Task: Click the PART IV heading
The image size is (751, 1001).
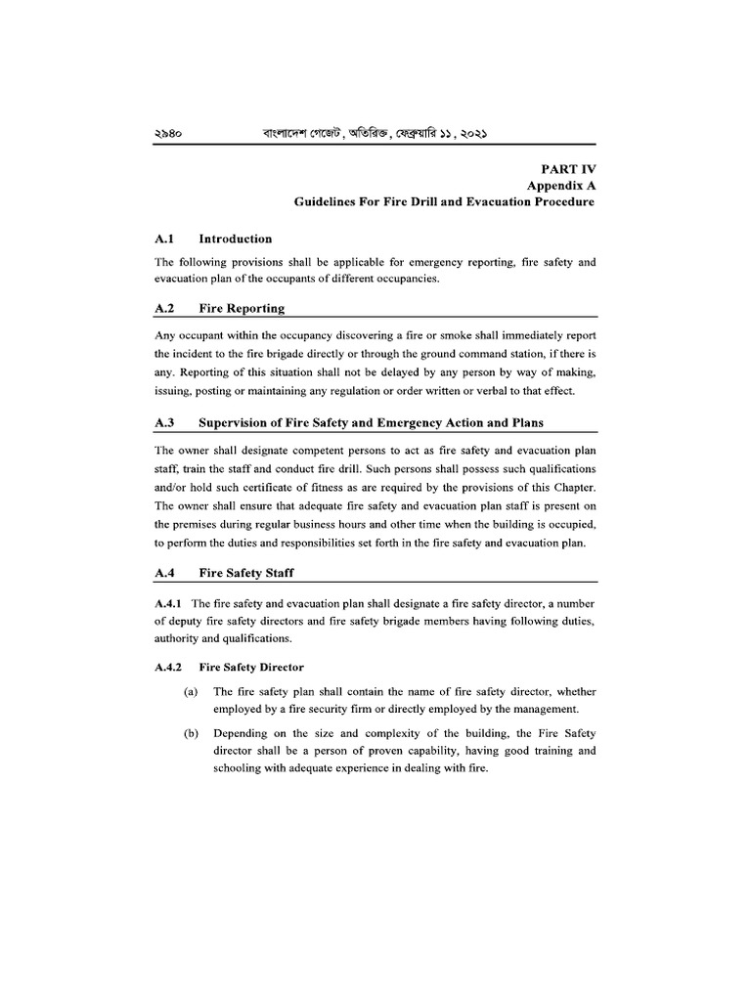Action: click(569, 168)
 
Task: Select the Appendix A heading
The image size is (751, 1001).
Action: click(561, 186)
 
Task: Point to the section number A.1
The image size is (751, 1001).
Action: click(163, 239)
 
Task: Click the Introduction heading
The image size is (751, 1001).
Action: click(235, 239)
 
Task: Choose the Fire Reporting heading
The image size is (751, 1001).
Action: click(242, 308)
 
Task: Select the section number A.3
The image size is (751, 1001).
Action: click(163, 422)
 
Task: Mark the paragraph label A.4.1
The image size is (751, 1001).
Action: click(170, 604)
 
